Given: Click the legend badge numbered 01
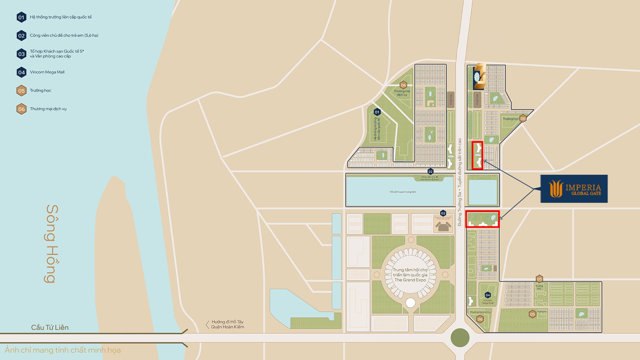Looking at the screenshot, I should click(21, 17).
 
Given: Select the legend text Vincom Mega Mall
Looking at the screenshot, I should click(47, 72).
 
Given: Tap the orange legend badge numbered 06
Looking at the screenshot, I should click(21, 109).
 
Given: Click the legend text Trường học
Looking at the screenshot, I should click(40, 91).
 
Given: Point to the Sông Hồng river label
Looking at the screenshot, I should click(52, 244).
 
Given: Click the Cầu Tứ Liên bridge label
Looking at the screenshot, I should click(50, 327).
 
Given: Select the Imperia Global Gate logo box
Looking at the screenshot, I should click(574, 189).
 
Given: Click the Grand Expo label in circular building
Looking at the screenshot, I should click(410, 275).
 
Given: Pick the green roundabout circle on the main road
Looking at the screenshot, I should click(460, 338).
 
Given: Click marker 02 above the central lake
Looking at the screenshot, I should click(430, 172).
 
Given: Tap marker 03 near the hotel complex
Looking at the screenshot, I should click(443, 213).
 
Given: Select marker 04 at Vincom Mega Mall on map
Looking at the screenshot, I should click(487, 295).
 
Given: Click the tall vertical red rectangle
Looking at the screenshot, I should click(477, 156).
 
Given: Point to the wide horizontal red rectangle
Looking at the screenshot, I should click(482, 219).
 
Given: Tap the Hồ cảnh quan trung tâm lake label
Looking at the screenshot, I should click(403, 192).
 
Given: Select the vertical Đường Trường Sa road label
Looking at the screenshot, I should click(460, 182).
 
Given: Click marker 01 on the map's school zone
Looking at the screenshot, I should click(377, 112).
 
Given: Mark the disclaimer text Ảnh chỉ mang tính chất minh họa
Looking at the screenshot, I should click(63, 350).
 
